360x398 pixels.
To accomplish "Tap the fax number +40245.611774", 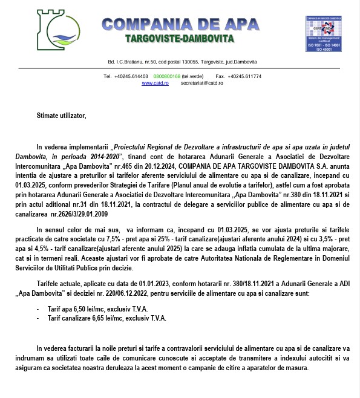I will click(x=247, y=76).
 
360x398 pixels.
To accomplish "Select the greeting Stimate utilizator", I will click(x=62, y=115).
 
